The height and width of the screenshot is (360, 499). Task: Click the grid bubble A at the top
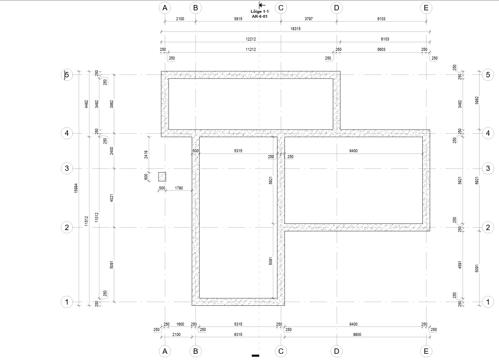coord(165,8)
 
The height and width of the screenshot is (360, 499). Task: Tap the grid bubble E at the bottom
coord(426,351)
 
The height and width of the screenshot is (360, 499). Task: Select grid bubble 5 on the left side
coord(67,75)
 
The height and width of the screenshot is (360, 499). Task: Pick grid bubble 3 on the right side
coord(488,168)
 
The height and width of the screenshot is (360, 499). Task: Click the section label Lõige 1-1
coord(260,12)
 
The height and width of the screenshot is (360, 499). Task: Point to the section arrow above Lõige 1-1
coord(262,5)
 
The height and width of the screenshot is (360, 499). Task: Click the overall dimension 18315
coord(295,29)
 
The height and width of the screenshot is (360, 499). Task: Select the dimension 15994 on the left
coord(76,188)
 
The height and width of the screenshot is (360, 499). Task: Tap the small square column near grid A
coord(162,177)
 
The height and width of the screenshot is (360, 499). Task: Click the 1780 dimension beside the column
coord(178,188)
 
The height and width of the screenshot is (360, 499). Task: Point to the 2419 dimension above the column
coord(146,154)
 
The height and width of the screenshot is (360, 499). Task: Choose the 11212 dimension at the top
coord(251,49)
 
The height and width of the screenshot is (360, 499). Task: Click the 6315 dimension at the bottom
coord(238,335)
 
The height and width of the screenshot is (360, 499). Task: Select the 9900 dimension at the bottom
coord(357,335)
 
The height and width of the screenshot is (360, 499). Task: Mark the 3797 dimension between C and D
coord(309,19)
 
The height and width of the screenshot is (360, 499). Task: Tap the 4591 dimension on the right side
coord(460,265)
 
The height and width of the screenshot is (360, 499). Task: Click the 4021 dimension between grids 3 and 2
coord(112,198)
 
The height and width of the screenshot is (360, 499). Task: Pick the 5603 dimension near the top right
coord(381,49)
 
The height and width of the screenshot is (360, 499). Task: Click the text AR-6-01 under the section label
coord(260,17)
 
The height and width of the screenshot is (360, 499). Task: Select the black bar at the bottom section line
coord(256,355)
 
